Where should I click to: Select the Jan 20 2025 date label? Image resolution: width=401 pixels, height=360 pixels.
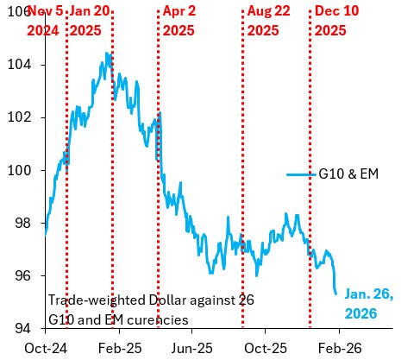pos(92,19)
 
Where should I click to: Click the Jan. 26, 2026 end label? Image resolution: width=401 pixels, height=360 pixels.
pos(369,303)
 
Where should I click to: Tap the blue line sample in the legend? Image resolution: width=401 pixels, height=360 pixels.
pos(300,174)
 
